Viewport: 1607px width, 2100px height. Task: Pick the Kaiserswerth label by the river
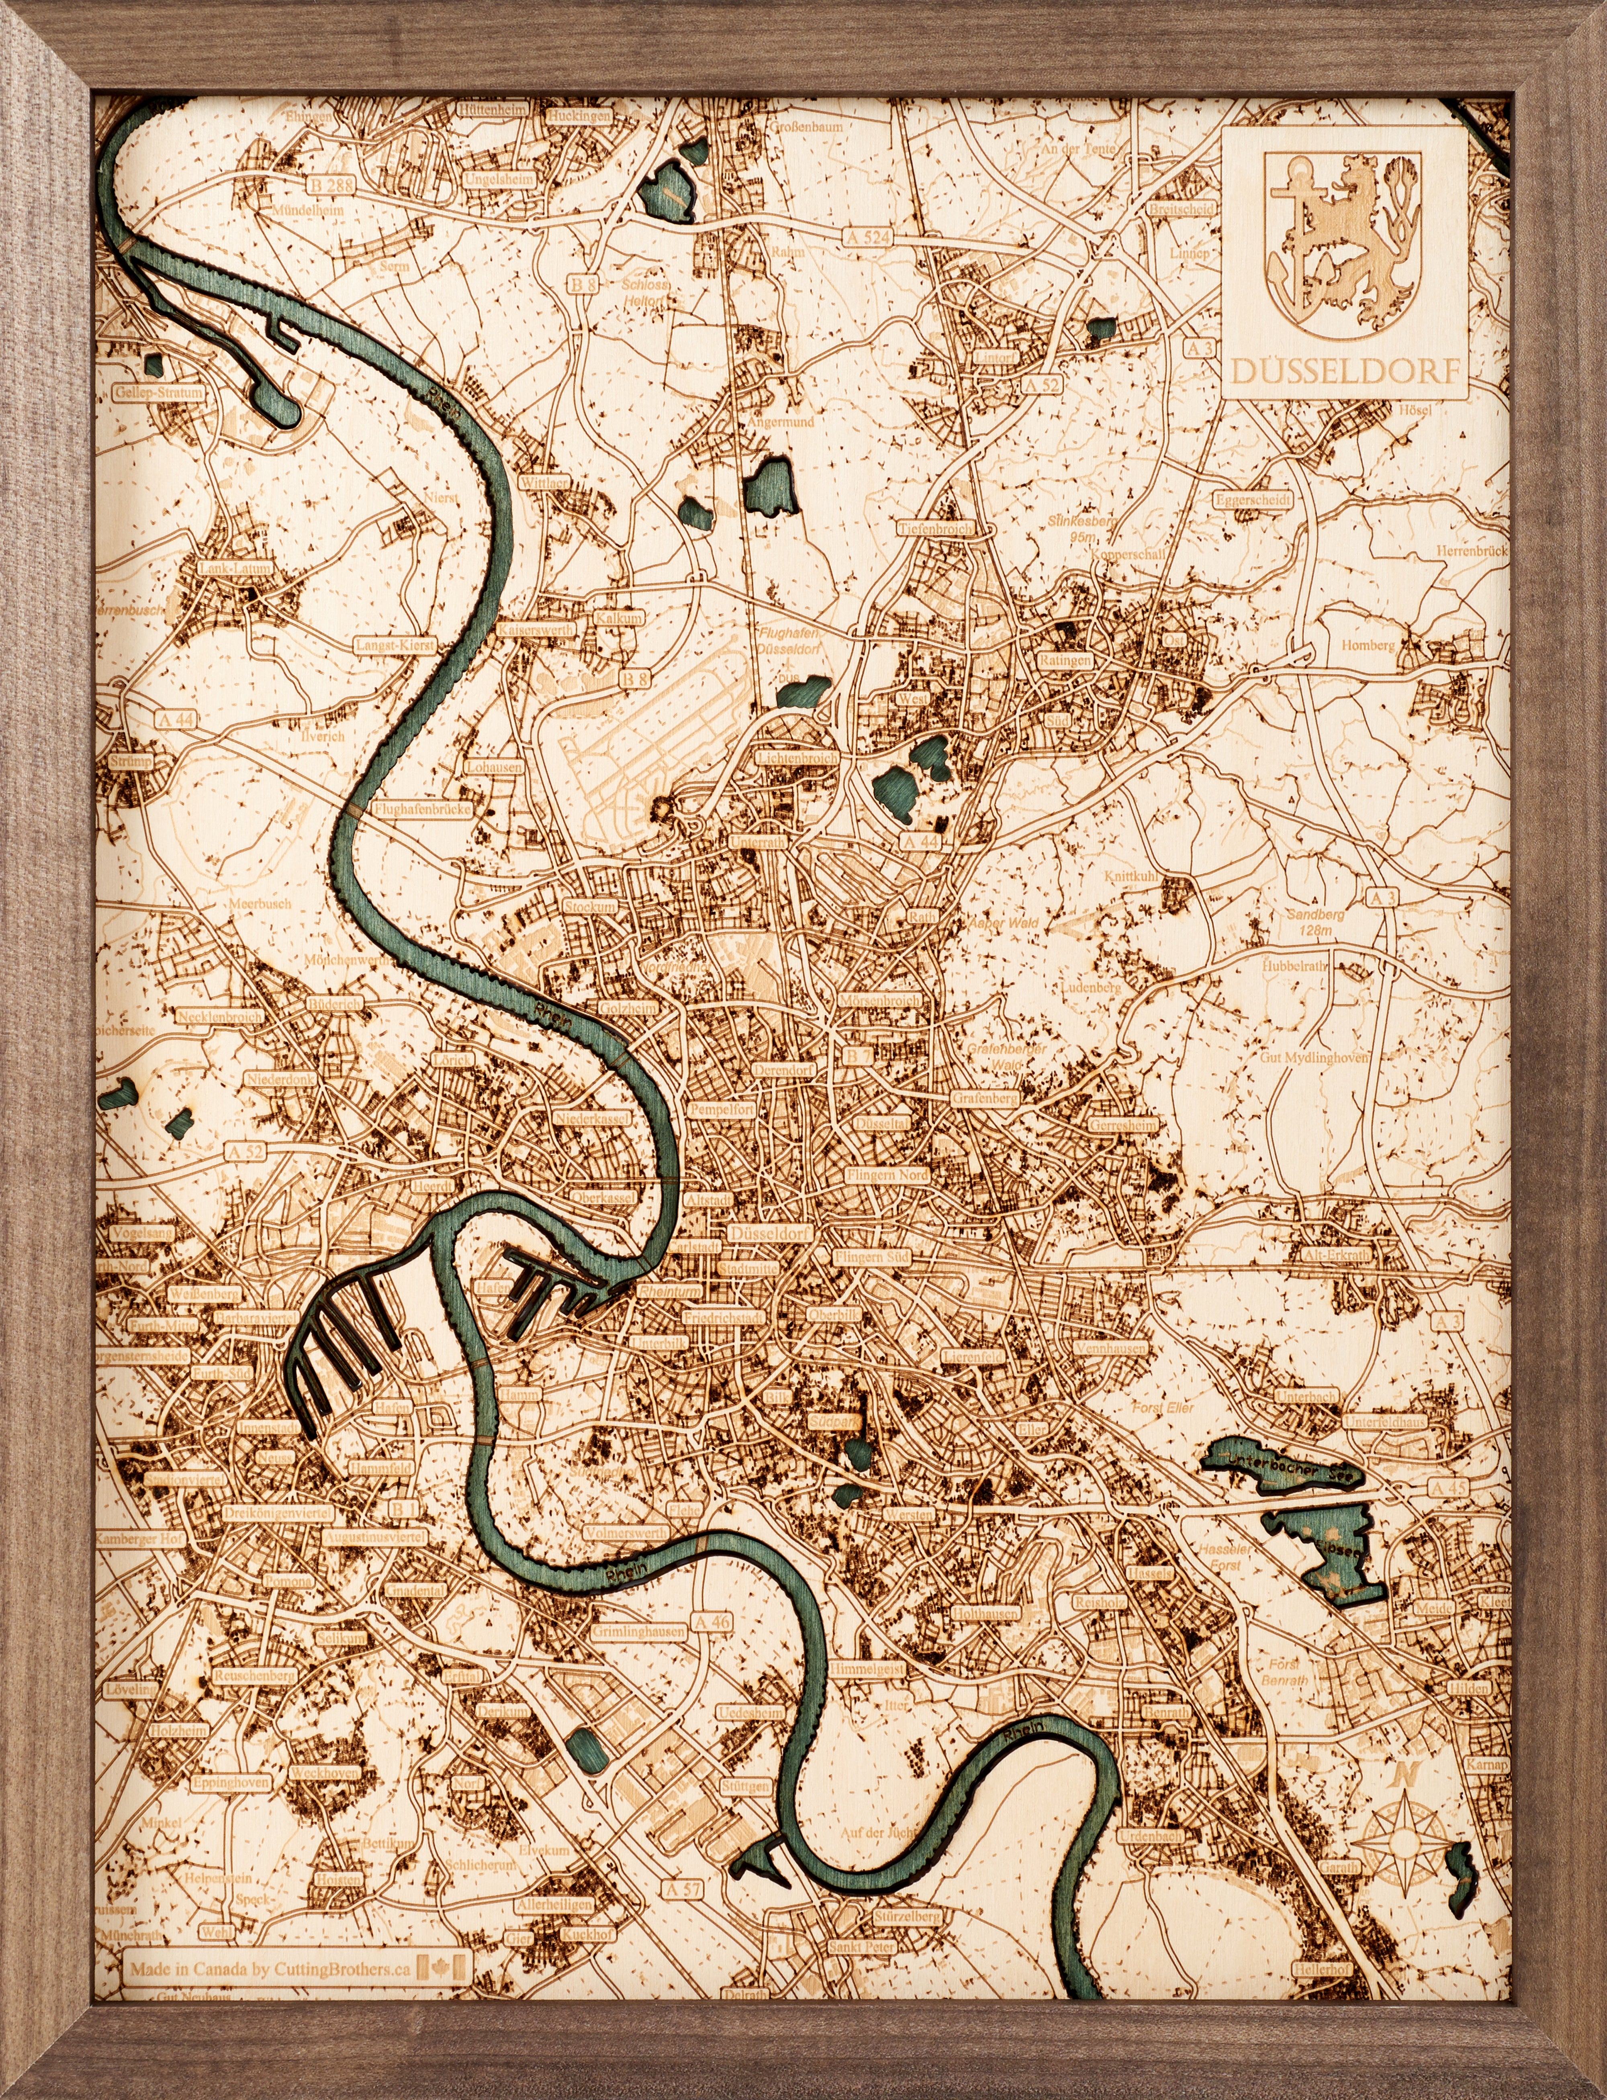536,631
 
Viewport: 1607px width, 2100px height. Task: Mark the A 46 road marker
711,1622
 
